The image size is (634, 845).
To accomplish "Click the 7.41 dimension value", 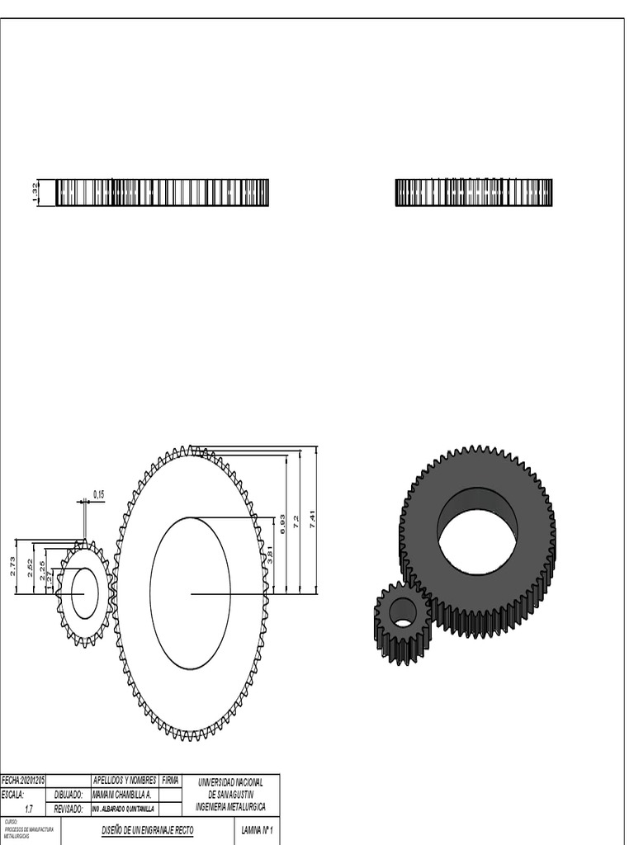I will click(x=313, y=519).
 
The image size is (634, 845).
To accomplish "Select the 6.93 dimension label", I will click(x=282, y=524).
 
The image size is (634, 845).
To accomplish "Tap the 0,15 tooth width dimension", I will click(x=99, y=494).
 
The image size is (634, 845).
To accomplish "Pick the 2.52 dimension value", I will click(x=30, y=569).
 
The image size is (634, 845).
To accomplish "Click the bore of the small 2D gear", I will click(x=84, y=592).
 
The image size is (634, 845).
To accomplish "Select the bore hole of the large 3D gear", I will click(x=477, y=542).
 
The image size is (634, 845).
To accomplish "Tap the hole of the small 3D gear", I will click(x=403, y=612).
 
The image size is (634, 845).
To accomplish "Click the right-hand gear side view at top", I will click(x=474, y=192).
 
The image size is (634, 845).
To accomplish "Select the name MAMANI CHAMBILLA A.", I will click(x=121, y=794).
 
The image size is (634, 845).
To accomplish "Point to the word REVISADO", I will click(x=69, y=809).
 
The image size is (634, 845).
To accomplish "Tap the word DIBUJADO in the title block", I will click(x=69, y=794).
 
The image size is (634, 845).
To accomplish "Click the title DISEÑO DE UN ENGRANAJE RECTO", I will click(x=148, y=828).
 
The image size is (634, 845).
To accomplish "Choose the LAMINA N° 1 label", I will click(x=257, y=828).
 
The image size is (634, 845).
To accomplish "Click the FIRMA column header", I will click(x=170, y=780).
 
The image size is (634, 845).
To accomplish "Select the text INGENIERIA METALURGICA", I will click(x=230, y=807).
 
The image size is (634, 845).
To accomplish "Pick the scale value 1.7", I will click(x=29, y=809).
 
